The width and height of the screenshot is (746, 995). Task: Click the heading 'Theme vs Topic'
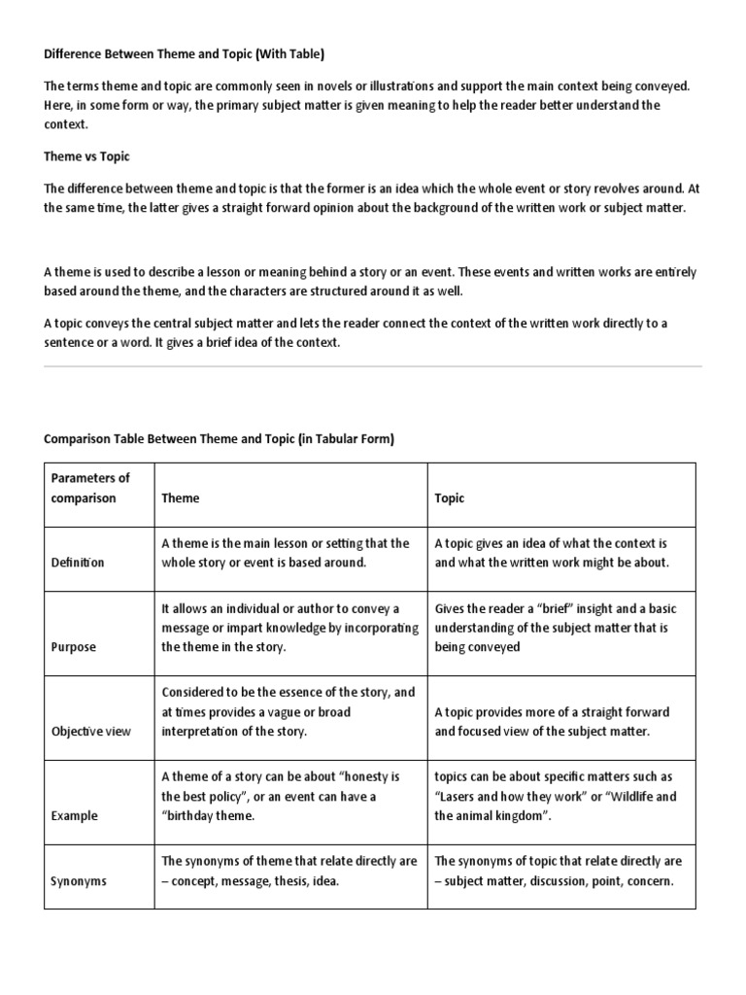[86, 155]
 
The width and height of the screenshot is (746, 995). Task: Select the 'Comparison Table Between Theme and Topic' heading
[220, 439]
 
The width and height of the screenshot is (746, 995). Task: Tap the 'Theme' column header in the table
[181, 498]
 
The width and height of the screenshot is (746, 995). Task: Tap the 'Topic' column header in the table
[449, 498]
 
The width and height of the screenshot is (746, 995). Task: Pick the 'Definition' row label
[78, 563]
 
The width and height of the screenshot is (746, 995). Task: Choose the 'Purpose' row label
[74, 647]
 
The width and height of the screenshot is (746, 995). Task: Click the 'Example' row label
[75, 816]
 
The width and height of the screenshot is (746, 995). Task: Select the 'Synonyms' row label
[79, 881]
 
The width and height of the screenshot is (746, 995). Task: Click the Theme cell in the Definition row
[286, 553]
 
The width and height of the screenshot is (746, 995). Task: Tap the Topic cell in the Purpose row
[556, 628]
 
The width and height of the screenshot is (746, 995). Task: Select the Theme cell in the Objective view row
[288, 711]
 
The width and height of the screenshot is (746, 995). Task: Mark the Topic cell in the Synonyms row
[558, 871]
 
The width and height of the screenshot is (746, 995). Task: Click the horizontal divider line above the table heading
[373, 366]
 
